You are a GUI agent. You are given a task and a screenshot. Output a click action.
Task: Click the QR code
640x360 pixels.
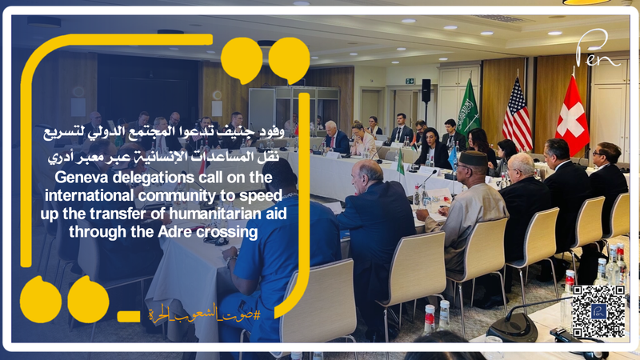598,310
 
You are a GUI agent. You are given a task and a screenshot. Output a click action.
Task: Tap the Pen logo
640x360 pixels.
598,50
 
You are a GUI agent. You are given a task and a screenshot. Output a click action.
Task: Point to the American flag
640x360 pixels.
517,117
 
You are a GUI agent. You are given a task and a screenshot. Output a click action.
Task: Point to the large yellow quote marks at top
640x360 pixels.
264,60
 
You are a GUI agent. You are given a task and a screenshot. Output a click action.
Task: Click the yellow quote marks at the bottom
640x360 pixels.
63,299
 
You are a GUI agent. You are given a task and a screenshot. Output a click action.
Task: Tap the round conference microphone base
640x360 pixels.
512,327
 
